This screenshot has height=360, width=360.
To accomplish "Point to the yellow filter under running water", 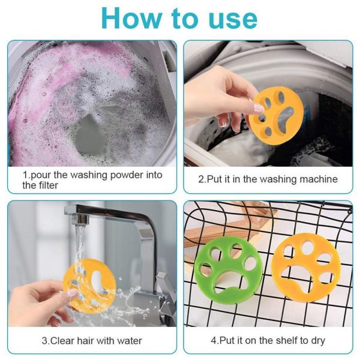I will [x=90, y=286].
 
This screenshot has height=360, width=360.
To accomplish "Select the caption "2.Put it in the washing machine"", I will [x=268, y=179].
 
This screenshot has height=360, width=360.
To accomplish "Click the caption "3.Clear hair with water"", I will [x=92, y=341].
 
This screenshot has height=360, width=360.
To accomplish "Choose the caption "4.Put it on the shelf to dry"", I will [x=268, y=341].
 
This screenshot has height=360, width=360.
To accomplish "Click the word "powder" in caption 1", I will [x=119, y=175].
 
